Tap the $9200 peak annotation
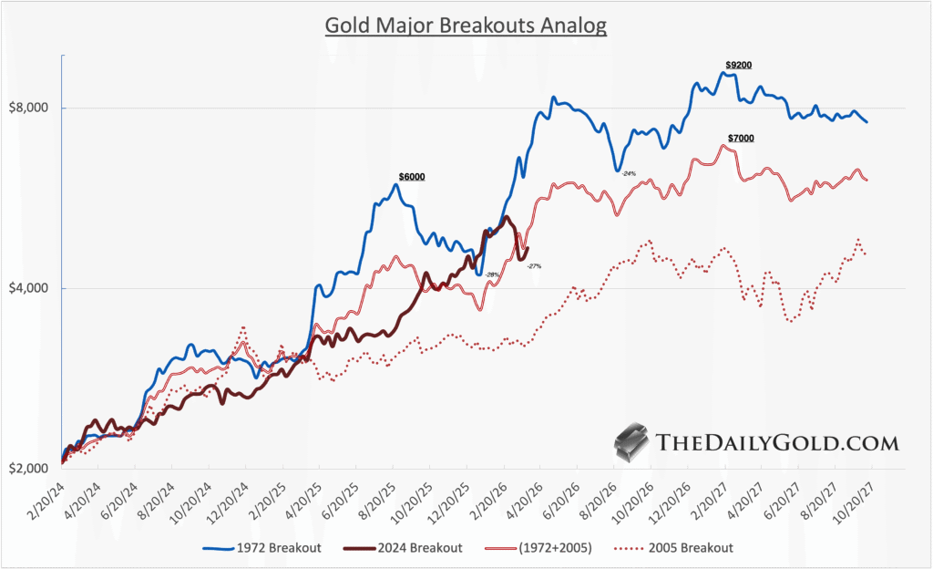[x=738, y=65]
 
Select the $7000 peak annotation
[x=741, y=138]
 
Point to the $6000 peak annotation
[x=412, y=177]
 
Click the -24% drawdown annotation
[x=628, y=173]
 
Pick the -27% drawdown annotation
[x=534, y=266]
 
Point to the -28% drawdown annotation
[x=491, y=274]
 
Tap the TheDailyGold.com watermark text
[x=777, y=443]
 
